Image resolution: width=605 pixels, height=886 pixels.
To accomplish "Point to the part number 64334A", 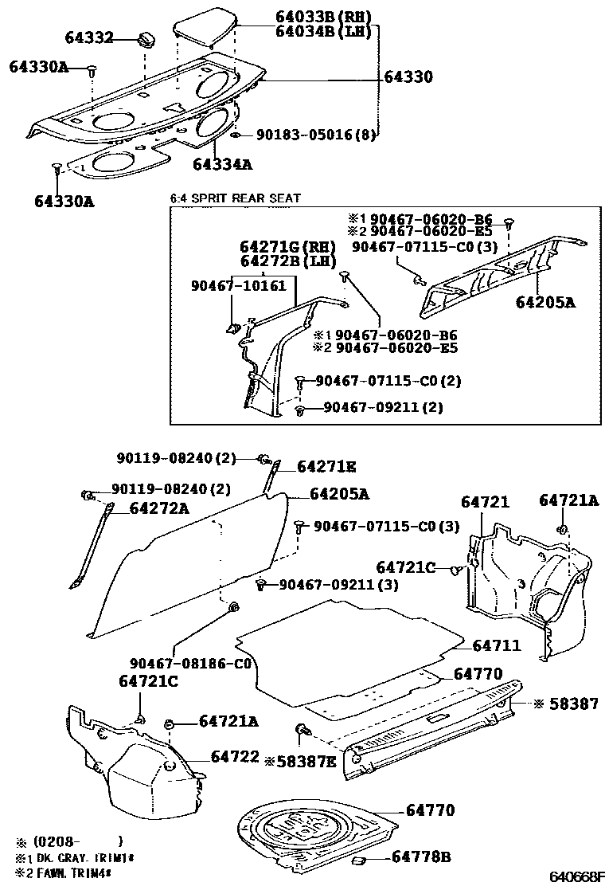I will pyautogui.click(x=222, y=164).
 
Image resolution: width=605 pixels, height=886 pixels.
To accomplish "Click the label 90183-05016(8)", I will pyautogui.click(x=316, y=135).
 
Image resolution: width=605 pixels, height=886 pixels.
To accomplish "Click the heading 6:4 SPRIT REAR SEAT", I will pyautogui.click(x=236, y=198).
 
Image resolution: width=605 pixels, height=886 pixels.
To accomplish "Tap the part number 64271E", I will pyautogui.click(x=326, y=466).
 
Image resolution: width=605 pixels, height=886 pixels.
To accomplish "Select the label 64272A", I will pyautogui.click(x=158, y=508).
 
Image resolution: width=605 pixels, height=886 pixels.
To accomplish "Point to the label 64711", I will pyautogui.click(x=497, y=645).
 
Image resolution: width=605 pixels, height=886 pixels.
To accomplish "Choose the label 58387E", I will pyautogui.click(x=306, y=762).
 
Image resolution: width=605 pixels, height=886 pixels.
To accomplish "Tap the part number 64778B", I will pyautogui.click(x=421, y=857).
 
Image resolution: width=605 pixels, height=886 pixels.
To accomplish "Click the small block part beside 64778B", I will pyautogui.click(x=358, y=860).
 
